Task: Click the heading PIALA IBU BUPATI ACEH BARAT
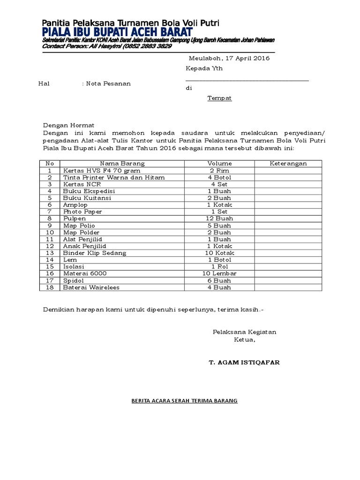pyautogui.click(x=117, y=32)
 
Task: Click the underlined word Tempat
pyautogui.click(x=220, y=98)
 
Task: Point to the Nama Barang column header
pyautogui.click(x=123, y=164)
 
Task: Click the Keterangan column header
pyautogui.click(x=288, y=164)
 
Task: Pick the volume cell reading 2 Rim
pyautogui.click(x=219, y=171)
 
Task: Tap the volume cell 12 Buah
pyautogui.click(x=219, y=218)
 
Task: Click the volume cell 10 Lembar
pyautogui.click(x=219, y=273)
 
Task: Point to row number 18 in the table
pyautogui.click(x=50, y=287)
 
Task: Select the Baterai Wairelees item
pyautogui.click(x=91, y=287)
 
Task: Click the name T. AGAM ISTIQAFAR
pyautogui.click(x=245, y=363)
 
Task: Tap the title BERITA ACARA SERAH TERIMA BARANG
pyautogui.click(x=184, y=401)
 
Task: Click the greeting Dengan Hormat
pyautogui.click(x=69, y=126)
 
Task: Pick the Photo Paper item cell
pyautogui.click(x=82, y=212)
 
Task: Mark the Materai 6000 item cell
pyautogui.click(x=85, y=273)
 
